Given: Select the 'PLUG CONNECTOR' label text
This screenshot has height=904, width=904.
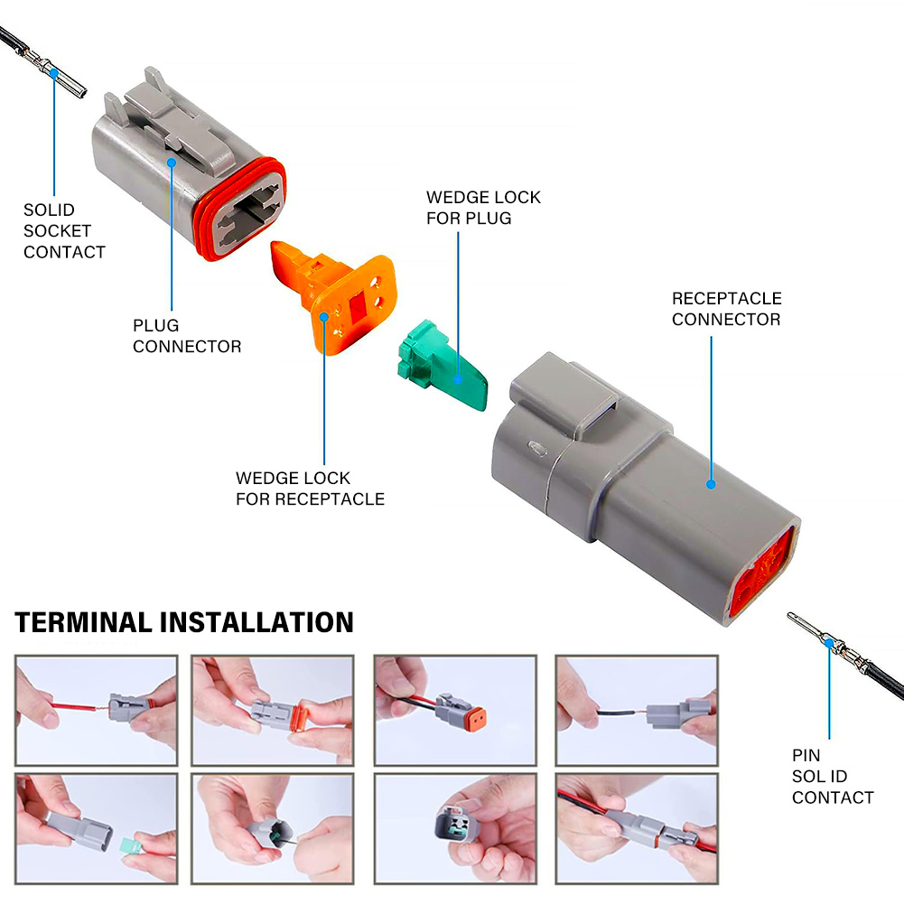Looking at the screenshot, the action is tap(187, 336).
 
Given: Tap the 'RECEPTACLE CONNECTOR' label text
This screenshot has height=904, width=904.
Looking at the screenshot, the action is tap(726, 309).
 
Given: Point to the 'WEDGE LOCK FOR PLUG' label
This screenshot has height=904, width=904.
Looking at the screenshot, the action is tap(483, 208).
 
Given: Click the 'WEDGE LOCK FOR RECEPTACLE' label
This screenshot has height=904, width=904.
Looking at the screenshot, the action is tap(310, 489).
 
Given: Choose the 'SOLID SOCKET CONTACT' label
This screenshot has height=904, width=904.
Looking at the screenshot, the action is tap(64, 230).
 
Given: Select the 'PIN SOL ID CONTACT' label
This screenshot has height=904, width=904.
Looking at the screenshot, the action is tap(833, 776).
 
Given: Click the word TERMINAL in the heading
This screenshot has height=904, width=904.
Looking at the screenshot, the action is tap(83, 622).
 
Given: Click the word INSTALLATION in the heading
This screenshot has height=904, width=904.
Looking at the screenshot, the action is tap(256, 622).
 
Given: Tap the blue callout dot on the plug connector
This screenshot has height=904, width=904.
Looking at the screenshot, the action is tap(172, 163).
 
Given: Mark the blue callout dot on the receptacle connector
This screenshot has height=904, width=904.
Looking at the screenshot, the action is tap(711, 485).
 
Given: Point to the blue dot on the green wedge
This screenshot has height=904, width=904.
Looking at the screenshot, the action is tap(458, 379).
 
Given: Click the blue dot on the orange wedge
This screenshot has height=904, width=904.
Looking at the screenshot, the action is tap(324, 317).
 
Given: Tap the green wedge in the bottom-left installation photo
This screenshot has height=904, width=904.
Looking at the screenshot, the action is tap(132, 847).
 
